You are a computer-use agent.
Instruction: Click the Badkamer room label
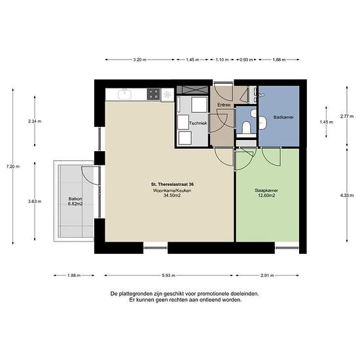click(x=283, y=117)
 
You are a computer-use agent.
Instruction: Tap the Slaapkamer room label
click(x=266, y=190)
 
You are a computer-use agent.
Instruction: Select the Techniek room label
click(x=198, y=123)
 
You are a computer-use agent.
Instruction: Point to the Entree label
click(x=224, y=105)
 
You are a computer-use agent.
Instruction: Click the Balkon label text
click(x=75, y=199)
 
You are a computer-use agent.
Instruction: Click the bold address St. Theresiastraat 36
click(x=172, y=185)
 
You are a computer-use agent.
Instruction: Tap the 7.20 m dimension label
click(x=13, y=166)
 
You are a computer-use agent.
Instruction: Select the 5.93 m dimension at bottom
click(x=169, y=276)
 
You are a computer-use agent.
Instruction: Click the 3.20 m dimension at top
click(x=140, y=60)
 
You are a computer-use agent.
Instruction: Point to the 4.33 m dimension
click(x=347, y=196)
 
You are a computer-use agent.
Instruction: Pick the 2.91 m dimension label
click(x=267, y=276)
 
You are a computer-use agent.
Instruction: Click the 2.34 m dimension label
click(x=35, y=121)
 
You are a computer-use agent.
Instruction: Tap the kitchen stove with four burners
click(x=153, y=94)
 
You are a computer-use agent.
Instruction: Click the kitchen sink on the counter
click(x=124, y=94)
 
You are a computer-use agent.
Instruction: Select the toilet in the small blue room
click(x=246, y=127)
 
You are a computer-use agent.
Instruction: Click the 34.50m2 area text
click(x=172, y=196)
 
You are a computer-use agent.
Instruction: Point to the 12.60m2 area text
click(x=266, y=196)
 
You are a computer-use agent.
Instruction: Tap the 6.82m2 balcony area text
click(x=75, y=204)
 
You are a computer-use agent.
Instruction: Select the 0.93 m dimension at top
click(x=246, y=60)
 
